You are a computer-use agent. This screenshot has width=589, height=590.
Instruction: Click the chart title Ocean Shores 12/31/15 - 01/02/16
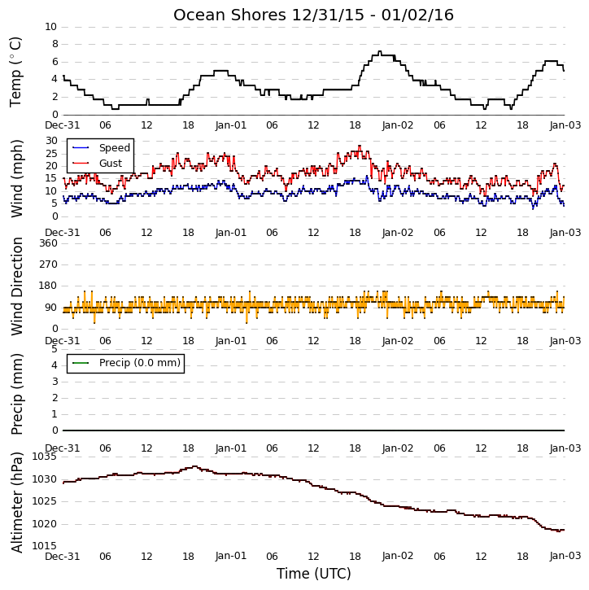click(313, 15)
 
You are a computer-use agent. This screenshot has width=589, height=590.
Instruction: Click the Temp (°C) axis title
click(15, 72)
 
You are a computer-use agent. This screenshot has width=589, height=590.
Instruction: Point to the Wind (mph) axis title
click(16, 178)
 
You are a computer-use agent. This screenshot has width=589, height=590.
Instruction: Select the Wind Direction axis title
click(16, 286)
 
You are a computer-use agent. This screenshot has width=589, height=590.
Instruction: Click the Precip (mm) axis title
click(16, 394)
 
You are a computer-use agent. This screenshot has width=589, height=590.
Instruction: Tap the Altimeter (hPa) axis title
click(16, 502)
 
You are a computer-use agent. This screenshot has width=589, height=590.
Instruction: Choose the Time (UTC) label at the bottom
click(314, 574)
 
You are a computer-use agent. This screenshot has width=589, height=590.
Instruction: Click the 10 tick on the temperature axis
click(50, 27)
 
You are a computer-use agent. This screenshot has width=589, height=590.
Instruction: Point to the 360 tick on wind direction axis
click(49, 243)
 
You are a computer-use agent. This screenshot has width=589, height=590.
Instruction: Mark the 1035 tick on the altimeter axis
click(45, 457)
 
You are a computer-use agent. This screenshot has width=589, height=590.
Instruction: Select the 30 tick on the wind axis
click(51, 141)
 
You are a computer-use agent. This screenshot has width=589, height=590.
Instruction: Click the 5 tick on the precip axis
click(55, 349)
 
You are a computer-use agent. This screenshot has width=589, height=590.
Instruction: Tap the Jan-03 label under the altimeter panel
click(565, 556)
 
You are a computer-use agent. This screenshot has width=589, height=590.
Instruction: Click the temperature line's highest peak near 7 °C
click(379, 51)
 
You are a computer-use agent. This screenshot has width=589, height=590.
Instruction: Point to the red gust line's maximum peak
click(360, 146)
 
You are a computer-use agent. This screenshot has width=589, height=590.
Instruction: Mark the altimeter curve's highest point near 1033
click(194, 466)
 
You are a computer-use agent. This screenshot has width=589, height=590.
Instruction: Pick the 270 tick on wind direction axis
click(49, 264)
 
